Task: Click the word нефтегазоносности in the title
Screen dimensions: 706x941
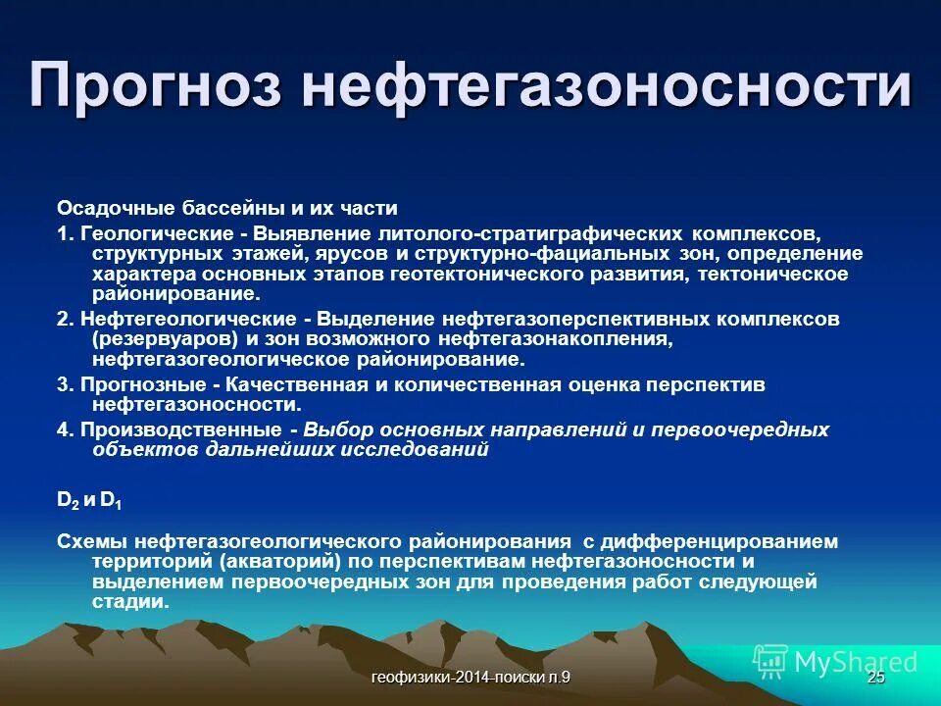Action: point(607,85)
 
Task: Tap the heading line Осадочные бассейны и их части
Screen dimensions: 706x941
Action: point(226,209)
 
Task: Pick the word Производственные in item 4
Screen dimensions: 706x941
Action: point(181,429)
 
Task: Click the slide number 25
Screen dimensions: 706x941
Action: point(875,679)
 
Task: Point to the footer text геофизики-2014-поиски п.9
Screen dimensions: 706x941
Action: point(471,679)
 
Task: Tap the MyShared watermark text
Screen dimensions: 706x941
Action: point(856,662)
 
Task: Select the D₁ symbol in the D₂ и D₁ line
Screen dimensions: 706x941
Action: point(111,500)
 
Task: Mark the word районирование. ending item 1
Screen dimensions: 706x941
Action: point(176,293)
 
